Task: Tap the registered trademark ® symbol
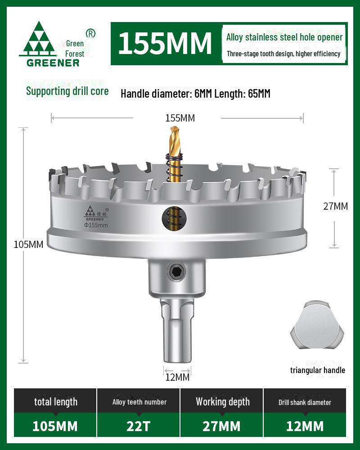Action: click(x=90, y=33)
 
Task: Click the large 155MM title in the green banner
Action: click(x=165, y=43)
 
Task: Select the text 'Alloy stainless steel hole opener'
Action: click(x=284, y=37)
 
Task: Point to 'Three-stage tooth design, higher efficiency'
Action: click(x=283, y=54)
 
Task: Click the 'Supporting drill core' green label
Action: click(x=67, y=91)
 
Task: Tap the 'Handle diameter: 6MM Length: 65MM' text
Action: click(x=195, y=94)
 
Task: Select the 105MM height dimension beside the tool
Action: click(x=28, y=245)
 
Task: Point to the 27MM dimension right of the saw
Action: click(x=336, y=207)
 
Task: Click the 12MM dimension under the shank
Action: click(x=177, y=377)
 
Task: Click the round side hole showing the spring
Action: click(x=172, y=216)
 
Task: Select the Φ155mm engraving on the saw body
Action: click(x=96, y=225)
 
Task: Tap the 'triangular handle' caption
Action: click(x=317, y=370)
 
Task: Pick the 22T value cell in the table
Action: click(x=139, y=426)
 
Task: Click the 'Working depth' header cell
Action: click(x=222, y=402)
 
